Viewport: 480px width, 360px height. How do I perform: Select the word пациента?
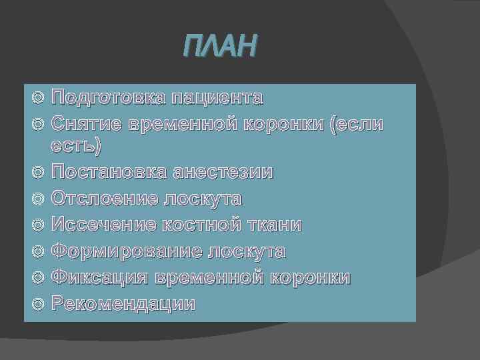pyautogui.click(x=217, y=99)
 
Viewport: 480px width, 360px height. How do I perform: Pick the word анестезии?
pyautogui.click(x=223, y=172)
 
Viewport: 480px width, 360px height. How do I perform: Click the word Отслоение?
pyautogui.click(x=103, y=199)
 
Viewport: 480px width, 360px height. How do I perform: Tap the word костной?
pyautogui.click(x=202, y=225)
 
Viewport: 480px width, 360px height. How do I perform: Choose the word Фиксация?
pyautogui.click(x=99, y=278)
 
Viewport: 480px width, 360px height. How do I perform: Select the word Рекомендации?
pyautogui.click(x=124, y=304)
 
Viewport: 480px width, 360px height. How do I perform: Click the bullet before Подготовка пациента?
pyautogui.click(x=38, y=99)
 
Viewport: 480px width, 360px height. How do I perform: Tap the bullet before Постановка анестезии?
pyautogui.click(x=38, y=173)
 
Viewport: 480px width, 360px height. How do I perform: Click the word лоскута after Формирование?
pyautogui.click(x=247, y=252)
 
